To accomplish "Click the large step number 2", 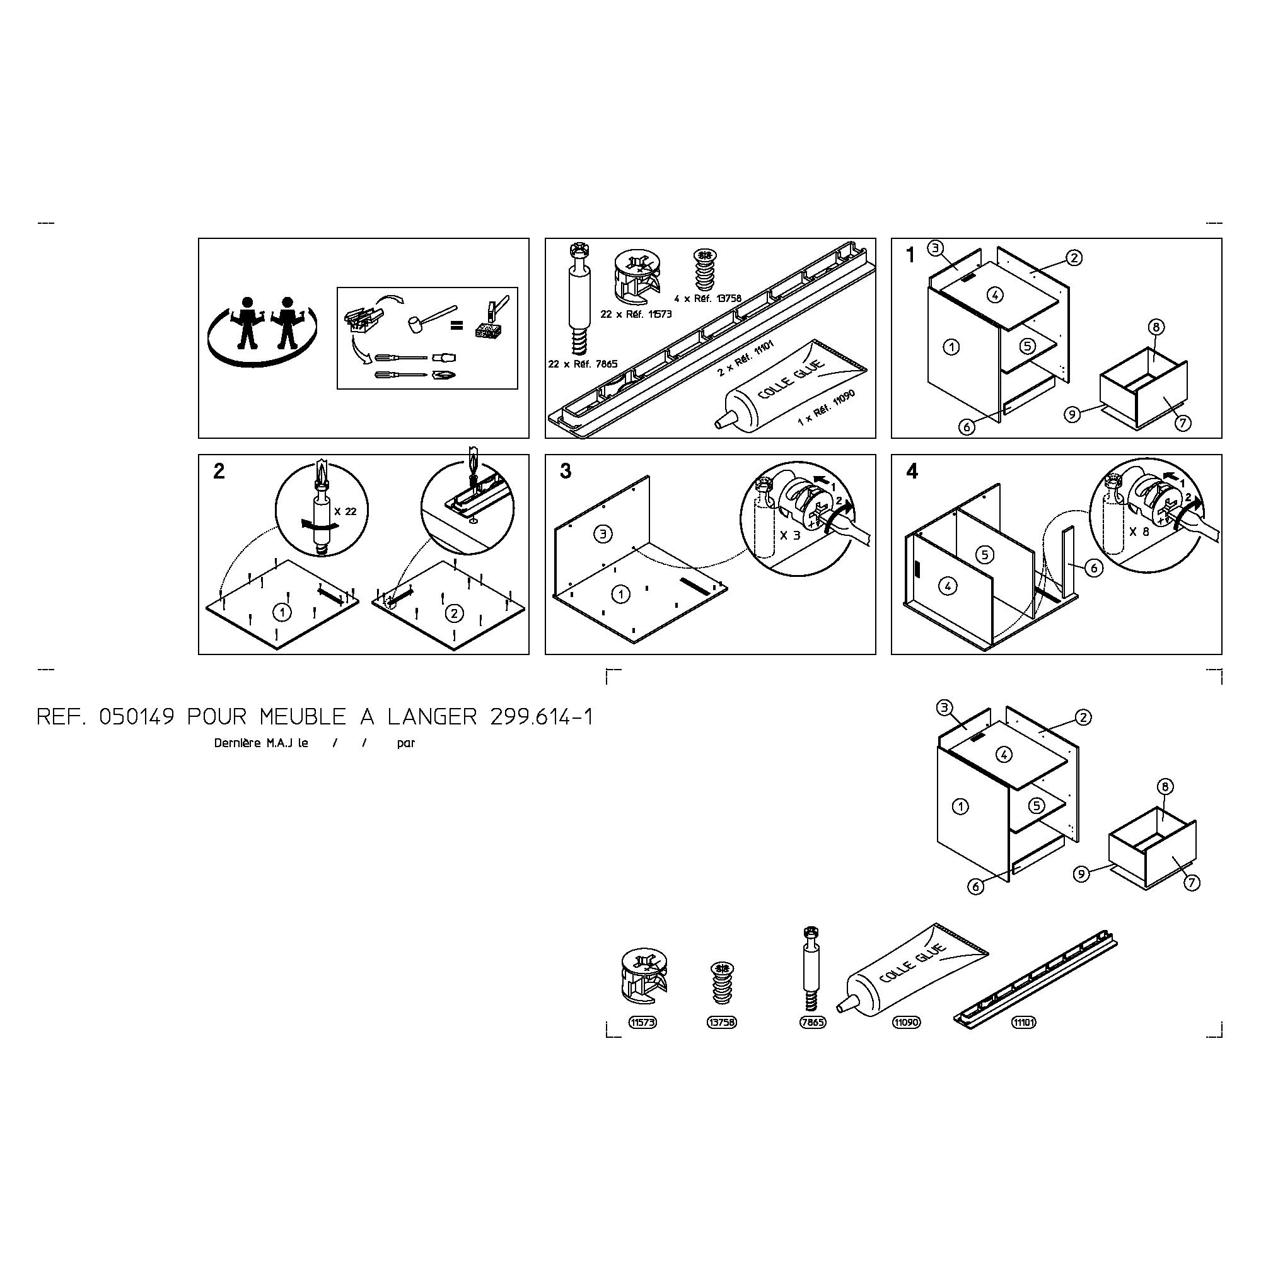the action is (219, 471).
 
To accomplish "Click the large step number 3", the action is (566, 471).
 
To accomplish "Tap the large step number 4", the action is (912, 471).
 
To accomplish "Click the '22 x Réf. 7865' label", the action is (583, 364).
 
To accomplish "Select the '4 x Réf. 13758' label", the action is (708, 298).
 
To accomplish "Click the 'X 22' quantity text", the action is (346, 512).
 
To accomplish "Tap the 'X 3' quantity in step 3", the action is (790, 535).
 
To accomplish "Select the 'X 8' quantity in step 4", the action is (1139, 532).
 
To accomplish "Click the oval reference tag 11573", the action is (642, 1023).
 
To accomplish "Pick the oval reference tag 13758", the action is (722, 1023).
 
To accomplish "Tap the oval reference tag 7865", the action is (813, 1023).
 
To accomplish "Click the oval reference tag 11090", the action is (907, 1023).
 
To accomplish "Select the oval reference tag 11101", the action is (1023, 1023).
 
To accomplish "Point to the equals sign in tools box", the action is (458, 323).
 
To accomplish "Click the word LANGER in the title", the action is (432, 718).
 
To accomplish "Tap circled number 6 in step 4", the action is (1095, 568).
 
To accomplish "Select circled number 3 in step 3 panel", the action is (603, 534).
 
